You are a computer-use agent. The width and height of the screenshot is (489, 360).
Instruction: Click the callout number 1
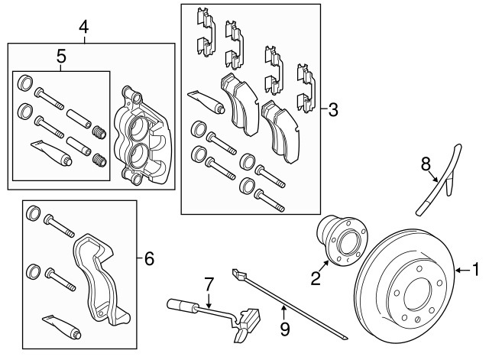point(476,269)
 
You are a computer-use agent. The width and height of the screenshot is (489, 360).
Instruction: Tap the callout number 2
point(315,277)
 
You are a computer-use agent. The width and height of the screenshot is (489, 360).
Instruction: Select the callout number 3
point(332,109)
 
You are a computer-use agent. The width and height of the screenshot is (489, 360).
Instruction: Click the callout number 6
point(149,259)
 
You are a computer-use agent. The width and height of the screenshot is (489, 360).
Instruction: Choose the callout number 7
point(206,284)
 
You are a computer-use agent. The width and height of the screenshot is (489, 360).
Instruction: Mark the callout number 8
point(427,163)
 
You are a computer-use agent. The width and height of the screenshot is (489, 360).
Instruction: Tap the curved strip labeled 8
point(441,183)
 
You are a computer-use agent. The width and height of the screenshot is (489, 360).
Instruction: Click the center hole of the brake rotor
point(412,294)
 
